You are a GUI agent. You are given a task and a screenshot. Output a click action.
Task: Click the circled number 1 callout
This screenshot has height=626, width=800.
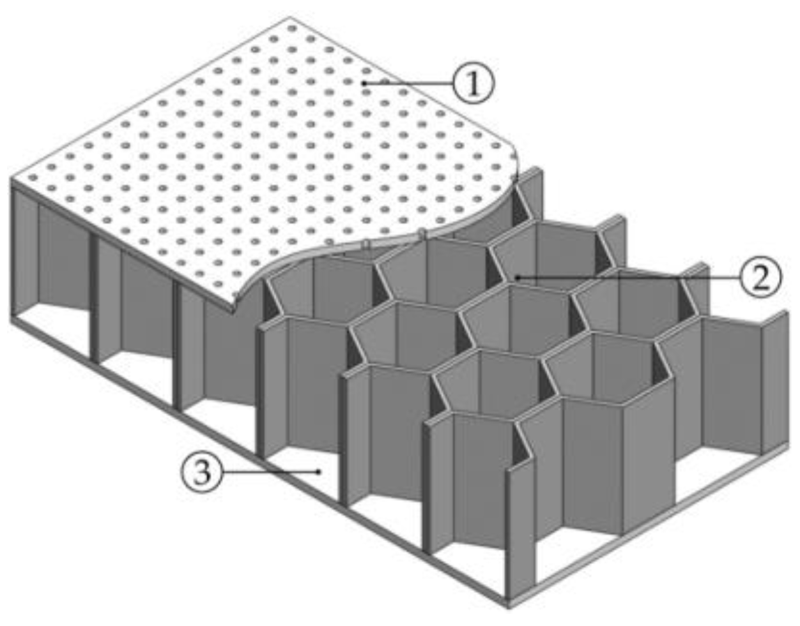(473, 84)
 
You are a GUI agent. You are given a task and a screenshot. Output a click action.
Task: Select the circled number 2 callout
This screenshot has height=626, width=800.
(760, 278)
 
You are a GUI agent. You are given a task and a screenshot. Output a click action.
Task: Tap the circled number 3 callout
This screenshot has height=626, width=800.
(202, 472)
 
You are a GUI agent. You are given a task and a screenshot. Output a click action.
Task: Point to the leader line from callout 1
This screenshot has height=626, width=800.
(409, 84)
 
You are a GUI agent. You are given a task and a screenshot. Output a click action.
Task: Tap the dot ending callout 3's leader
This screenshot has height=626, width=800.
(319, 472)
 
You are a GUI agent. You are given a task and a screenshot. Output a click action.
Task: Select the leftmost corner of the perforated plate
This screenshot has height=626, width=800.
(12, 178)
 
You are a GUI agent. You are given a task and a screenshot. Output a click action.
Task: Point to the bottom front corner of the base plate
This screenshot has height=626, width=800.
(509, 603)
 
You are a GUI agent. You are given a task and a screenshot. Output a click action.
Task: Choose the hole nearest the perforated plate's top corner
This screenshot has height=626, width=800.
(291, 29)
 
